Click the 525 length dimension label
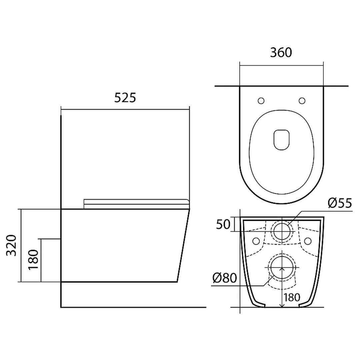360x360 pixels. click(125, 98)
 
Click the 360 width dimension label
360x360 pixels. click(281, 52)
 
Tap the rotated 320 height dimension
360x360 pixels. click(11, 245)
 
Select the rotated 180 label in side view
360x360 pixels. click(33, 259)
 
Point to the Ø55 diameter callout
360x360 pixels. click(340, 203)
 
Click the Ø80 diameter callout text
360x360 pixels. click(225, 278)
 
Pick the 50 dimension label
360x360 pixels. click(223, 224)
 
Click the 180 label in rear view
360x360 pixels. click(292, 298)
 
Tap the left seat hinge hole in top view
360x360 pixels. click(261, 101)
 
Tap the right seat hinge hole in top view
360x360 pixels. click(302, 101)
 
